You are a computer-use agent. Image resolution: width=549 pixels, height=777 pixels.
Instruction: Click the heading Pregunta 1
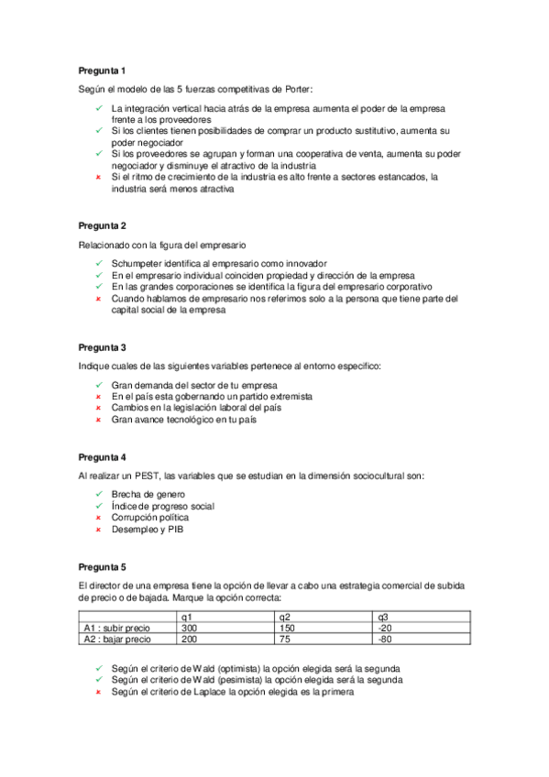click(x=102, y=70)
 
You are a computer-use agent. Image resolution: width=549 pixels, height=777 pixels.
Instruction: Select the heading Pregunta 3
click(x=102, y=347)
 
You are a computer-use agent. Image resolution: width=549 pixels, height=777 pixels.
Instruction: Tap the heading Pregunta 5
click(x=102, y=565)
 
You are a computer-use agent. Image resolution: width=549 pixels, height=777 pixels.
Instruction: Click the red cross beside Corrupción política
click(x=97, y=518)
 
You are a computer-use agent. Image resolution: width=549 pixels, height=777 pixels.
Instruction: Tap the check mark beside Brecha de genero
click(x=97, y=494)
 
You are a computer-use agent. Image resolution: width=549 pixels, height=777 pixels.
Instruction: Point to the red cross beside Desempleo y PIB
click(x=97, y=530)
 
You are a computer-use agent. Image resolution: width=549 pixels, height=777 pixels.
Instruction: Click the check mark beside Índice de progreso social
click(x=97, y=506)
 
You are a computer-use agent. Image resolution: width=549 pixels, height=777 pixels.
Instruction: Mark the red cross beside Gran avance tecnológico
click(x=97, y=420)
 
